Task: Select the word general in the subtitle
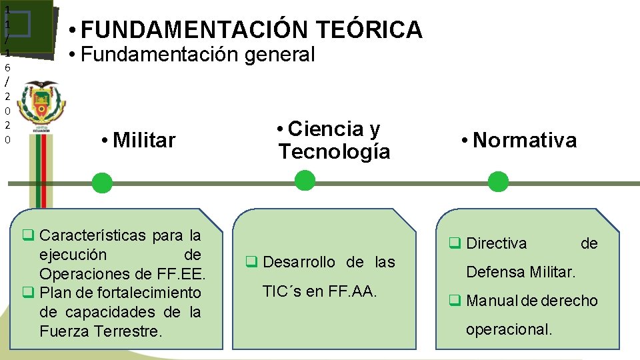(x=279, y=55)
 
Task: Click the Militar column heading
(x=144, y=141)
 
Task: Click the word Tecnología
(x=334, y=151)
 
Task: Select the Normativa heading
(x=524, y=141)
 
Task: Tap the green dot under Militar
(x=102, y=183)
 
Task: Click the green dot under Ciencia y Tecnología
(x=304, y=180)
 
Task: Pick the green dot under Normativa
(x=497, y=181)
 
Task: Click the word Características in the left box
(x=93, y=235)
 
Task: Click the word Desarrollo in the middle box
(x=299, y=263)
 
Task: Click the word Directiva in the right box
(x=496, y=244)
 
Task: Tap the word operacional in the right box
(x=509, y=329)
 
